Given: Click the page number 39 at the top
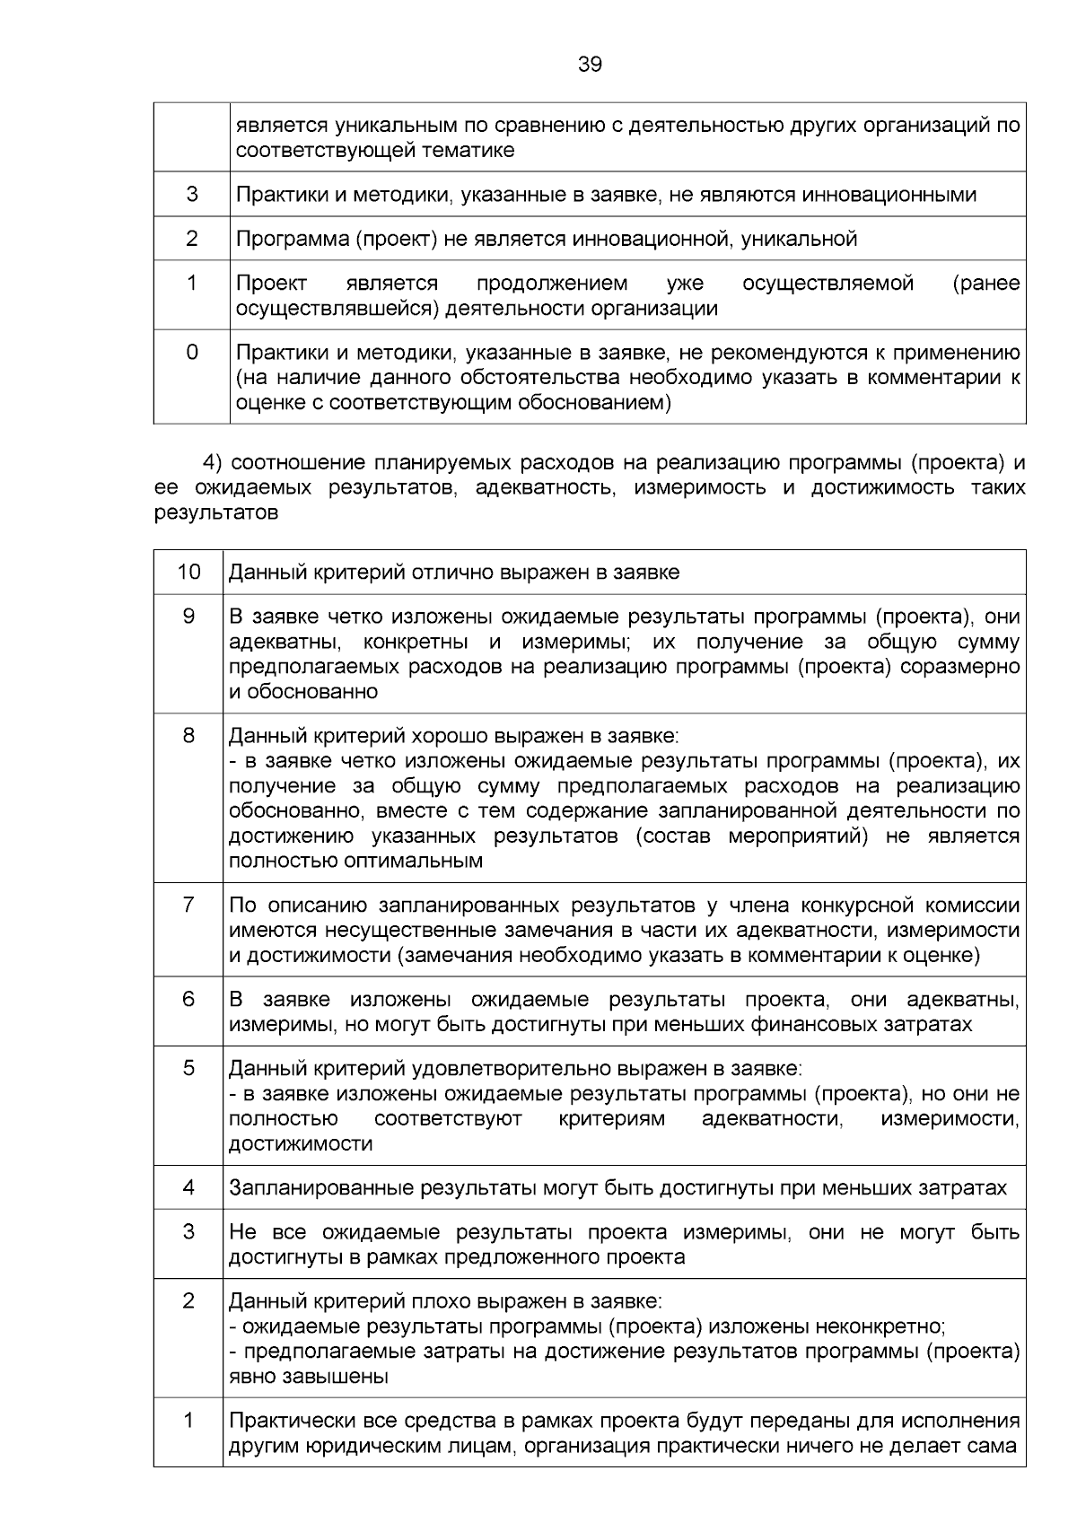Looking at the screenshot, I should [590, 65].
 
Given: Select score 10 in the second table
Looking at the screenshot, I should [188, 572].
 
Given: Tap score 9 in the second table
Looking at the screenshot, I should [188, 617].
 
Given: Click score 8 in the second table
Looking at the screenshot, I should [188, 736].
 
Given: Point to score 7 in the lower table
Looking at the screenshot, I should [188, 905].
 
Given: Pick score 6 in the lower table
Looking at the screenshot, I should [188, 999].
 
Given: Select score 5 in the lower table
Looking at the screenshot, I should [188, 1069].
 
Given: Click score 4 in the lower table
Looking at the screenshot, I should [188, 1187].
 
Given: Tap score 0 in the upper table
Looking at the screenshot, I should [192, 352].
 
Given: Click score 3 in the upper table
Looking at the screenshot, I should [192, 194].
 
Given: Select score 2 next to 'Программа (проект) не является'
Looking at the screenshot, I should [192, 239].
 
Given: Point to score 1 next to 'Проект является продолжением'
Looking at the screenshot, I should [192, 284].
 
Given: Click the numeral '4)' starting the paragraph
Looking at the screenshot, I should [212, 463].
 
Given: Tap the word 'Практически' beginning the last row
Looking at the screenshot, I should [283, 1421].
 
